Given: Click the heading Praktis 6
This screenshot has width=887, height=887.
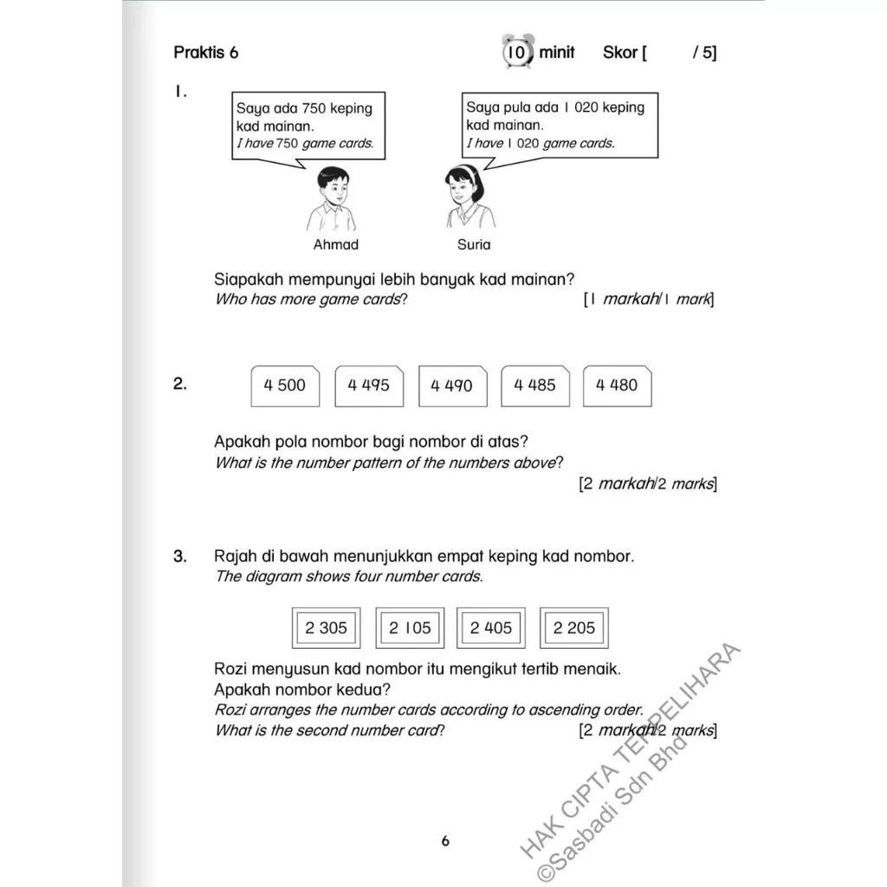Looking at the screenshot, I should [205, 53].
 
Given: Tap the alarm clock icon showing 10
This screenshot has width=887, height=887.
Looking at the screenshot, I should [516, 52].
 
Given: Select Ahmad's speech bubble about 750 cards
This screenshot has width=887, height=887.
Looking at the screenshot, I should [308, 126].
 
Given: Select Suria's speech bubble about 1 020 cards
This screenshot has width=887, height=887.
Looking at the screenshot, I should [559, 125].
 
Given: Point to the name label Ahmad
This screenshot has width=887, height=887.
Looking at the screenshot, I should [335, 245].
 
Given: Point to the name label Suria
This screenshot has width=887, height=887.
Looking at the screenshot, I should [474, 245].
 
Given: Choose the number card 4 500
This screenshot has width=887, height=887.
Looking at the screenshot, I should [285, 385].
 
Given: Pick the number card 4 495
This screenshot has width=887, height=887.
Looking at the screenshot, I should [368, 385].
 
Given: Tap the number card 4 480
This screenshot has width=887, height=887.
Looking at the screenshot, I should [617, 385].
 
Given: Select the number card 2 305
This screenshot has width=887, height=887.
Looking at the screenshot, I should [326, 628].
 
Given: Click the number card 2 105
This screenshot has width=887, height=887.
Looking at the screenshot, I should [409, 628].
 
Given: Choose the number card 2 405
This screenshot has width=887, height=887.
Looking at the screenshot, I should [491, 628].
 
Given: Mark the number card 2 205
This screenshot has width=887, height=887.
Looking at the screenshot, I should [573, 628].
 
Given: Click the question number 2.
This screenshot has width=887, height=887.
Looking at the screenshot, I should [179, 385].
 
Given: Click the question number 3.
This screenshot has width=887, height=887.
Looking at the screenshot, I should [179, 557].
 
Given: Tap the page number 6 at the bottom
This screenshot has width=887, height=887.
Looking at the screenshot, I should [445, 840].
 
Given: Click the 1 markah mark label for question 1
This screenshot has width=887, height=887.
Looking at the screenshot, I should [649, 300].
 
